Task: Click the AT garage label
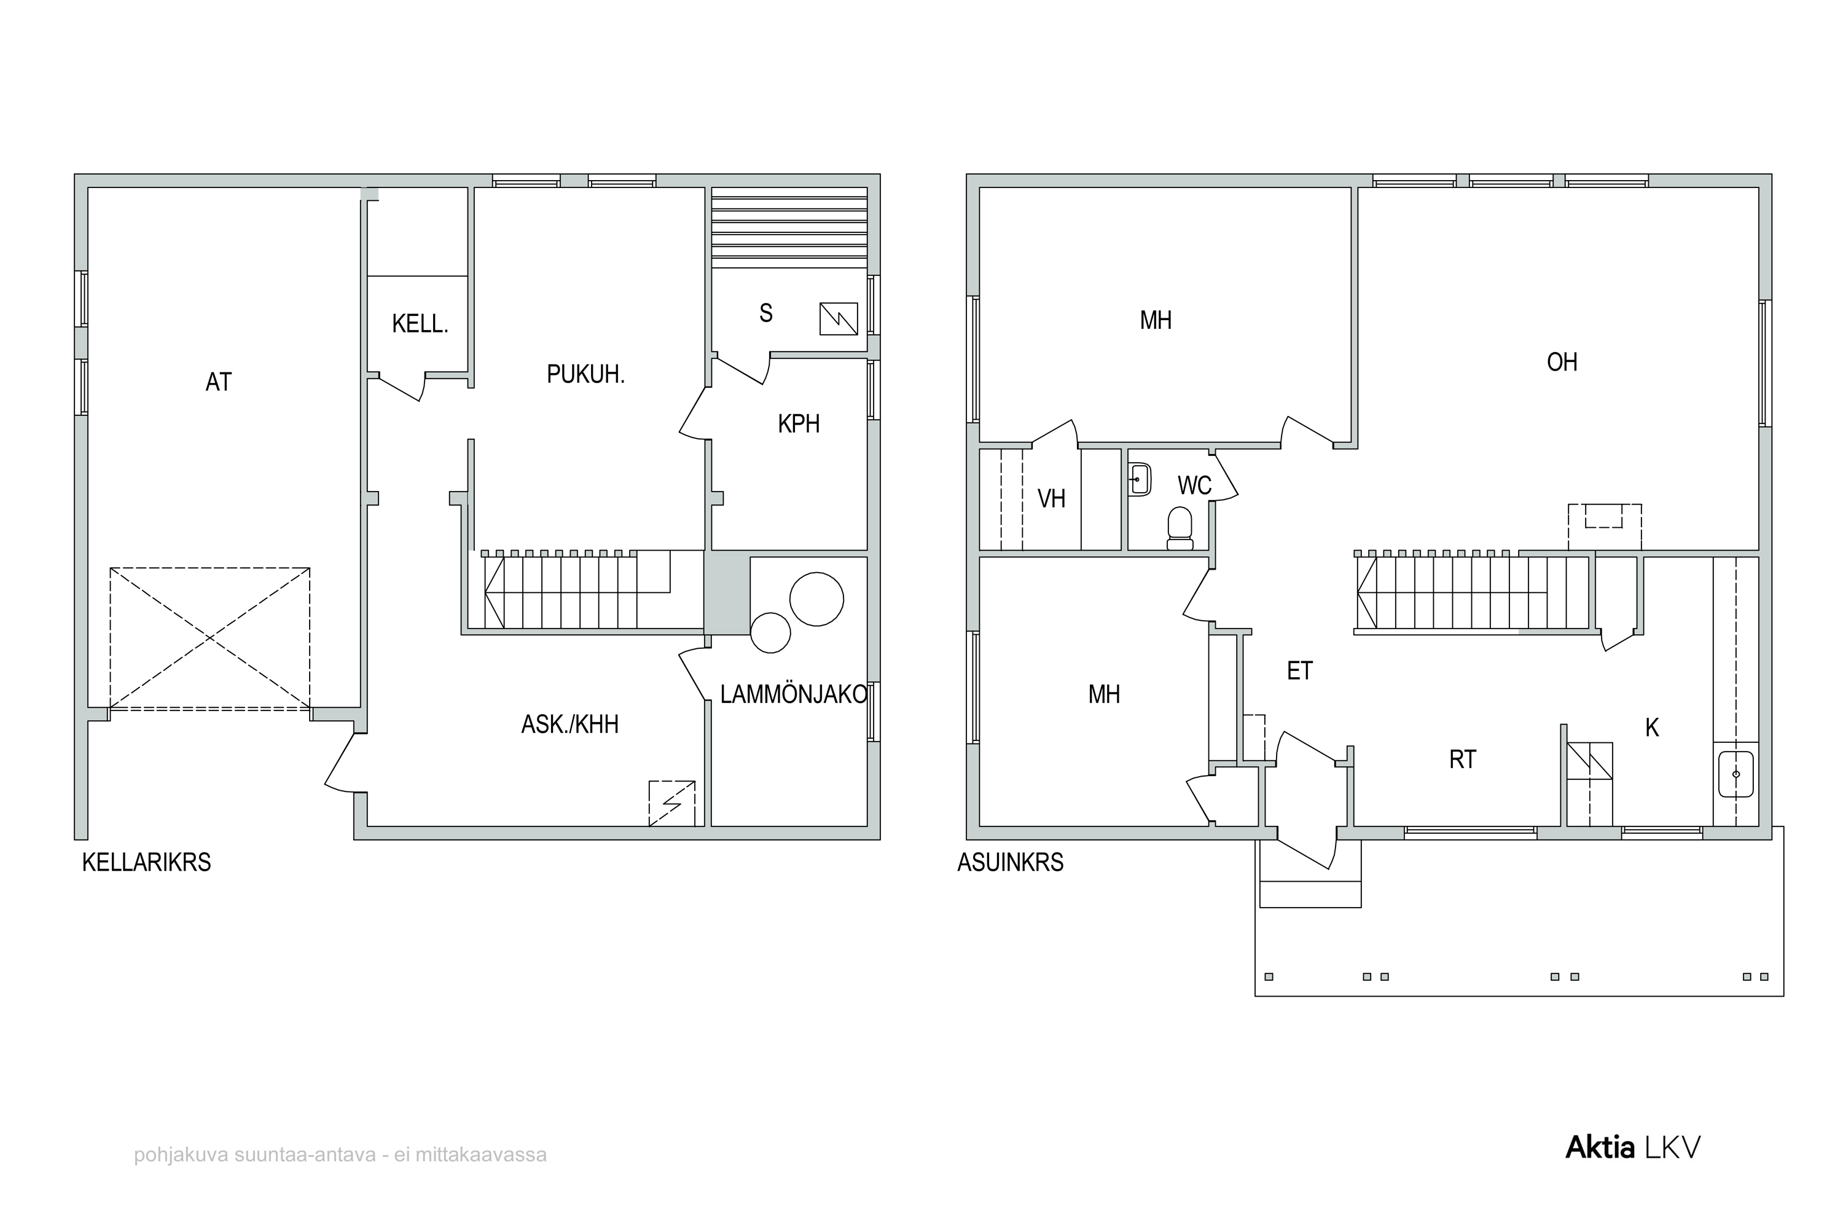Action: pyautogui.click(x=219, y=382)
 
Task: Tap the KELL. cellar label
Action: pyautogui.click(x=420, y=324)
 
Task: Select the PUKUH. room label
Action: pyautogui.click(x=585, y=375)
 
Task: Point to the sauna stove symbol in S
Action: pyautogui.click(x=839, y=319)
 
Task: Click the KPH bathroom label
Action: pyautogui.click(x=799, y=424)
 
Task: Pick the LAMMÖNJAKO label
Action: pyautogui.click(x=793, y=694)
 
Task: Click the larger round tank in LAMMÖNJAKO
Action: pyautogui.click(x=816, y=599)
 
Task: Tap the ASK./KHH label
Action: pyautogui.click(x=569, y=724)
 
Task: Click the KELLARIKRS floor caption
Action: pyautogui.click(x=147, y=863)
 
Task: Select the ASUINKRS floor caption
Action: pyautogui.click(x=1010, y=863)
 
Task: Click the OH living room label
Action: pyautogui.click(x=1562, y=362)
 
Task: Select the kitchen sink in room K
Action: pyautogui.click(x=1735, y=774)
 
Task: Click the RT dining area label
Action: pyautogui.click(x=1462, y=760)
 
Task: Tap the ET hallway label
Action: pyautogui.click(x=1299, y=671)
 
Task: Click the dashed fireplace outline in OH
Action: pyautogui.click(x=1604, y=527)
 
